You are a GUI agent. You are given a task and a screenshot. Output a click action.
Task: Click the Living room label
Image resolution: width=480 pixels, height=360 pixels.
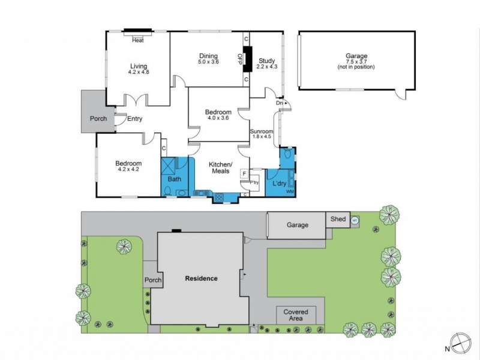(x=138, y=67)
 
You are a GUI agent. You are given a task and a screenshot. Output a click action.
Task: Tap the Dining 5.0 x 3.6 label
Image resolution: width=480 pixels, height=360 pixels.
(x=209, y=56)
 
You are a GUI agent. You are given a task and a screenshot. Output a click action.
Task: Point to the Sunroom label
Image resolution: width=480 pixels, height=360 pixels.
(x=262, y=131)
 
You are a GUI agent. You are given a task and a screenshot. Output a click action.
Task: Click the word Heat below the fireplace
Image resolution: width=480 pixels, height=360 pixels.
(x=138, y=40)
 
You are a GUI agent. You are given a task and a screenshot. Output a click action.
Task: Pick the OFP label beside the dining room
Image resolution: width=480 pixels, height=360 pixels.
(x=240, y=59)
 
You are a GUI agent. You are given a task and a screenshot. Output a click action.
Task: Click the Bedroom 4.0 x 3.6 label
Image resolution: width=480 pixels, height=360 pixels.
(x=218, y=112)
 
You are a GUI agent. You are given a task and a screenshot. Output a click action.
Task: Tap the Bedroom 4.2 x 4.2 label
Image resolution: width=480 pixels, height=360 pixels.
(x=128, y=164)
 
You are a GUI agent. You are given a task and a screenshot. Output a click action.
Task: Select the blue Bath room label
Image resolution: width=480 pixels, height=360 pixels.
(x=175, y=179)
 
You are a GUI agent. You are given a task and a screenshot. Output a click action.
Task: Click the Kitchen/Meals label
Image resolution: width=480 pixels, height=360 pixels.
(x=220, y=168)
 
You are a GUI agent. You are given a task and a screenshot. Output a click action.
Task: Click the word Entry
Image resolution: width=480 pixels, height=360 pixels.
(x=134, y=119)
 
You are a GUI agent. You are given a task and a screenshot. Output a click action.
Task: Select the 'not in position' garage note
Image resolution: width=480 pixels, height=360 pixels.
(x=356, y=67)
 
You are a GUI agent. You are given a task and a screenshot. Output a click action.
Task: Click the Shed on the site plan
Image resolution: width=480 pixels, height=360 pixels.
(x=338, y=219)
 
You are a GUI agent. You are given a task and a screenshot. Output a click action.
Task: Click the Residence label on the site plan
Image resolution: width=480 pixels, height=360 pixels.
(x=201, y=278)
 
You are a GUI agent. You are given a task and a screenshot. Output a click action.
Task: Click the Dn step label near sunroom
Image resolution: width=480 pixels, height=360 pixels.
(x=279, y=103)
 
